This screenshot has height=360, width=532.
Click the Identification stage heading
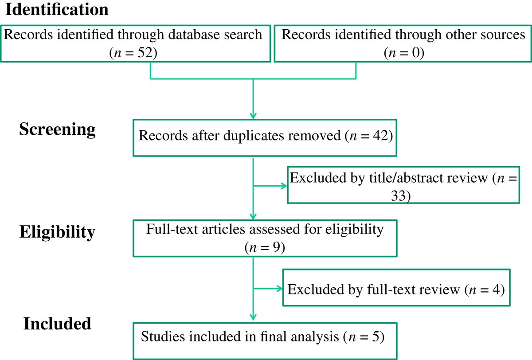(x=56, y=10)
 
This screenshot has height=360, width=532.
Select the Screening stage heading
(x=57, y=129)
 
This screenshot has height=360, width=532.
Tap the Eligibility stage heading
(x=57, y=231)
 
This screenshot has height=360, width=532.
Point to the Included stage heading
(x=57, y=323)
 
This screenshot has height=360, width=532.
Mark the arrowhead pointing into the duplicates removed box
(x=252, y=116)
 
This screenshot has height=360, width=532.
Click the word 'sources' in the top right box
(x=502, y=35)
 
